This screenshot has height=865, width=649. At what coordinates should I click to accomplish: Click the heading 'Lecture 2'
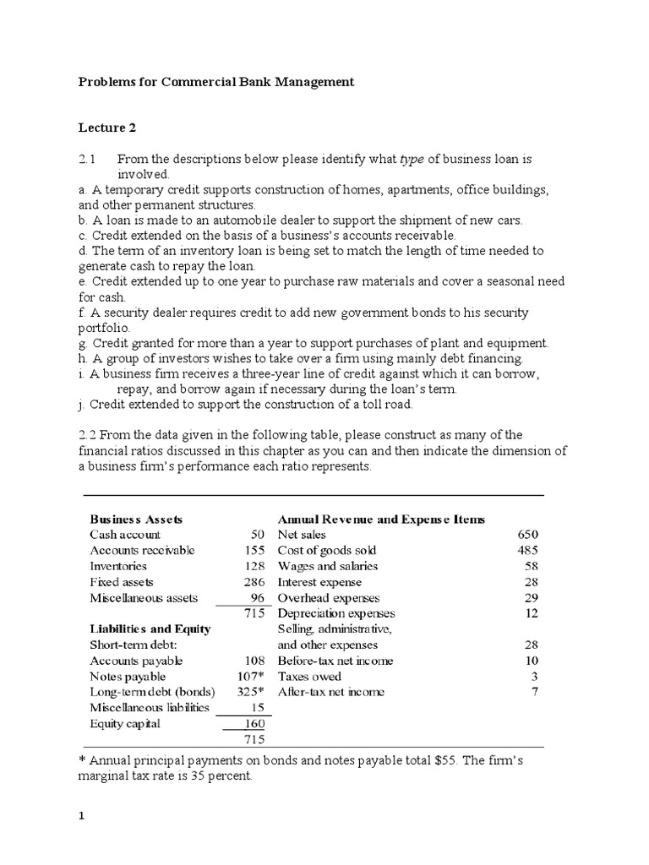(x=107, y=128)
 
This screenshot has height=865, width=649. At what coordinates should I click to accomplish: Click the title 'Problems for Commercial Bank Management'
(x=216, y=82)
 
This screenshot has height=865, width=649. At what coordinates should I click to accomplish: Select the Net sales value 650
(x=527, y=535)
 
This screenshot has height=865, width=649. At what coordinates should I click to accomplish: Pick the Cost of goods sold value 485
(x=527, y=551)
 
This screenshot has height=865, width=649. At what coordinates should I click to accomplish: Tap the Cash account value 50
(x=258, y=535)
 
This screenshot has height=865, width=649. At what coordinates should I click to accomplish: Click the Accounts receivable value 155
(x=254, y=551)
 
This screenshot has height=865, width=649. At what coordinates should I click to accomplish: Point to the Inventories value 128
(x=254, y=566)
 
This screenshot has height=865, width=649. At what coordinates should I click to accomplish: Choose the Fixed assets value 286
(x=254, y=582)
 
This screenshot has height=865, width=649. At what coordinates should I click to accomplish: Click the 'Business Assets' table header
(x=136, y=519)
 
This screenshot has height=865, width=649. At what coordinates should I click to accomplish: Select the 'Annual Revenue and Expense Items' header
(x=381, y=519)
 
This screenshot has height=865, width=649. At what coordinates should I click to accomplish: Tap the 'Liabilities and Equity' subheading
(x=150, y=629)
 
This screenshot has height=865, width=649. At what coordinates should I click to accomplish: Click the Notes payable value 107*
(x=253, y=677)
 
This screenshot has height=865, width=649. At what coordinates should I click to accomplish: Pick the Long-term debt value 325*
(x=253, y=692)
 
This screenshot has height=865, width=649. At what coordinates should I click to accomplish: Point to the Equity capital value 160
(x=254, y=723)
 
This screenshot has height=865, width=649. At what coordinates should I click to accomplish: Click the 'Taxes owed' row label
(x=309, y=677)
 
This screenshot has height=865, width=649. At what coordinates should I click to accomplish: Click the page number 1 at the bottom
(x=82, y=818)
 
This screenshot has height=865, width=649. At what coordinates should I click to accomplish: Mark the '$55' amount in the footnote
(x=444, y=760)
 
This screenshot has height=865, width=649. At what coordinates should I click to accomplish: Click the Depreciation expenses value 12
(x=531, y=613)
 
